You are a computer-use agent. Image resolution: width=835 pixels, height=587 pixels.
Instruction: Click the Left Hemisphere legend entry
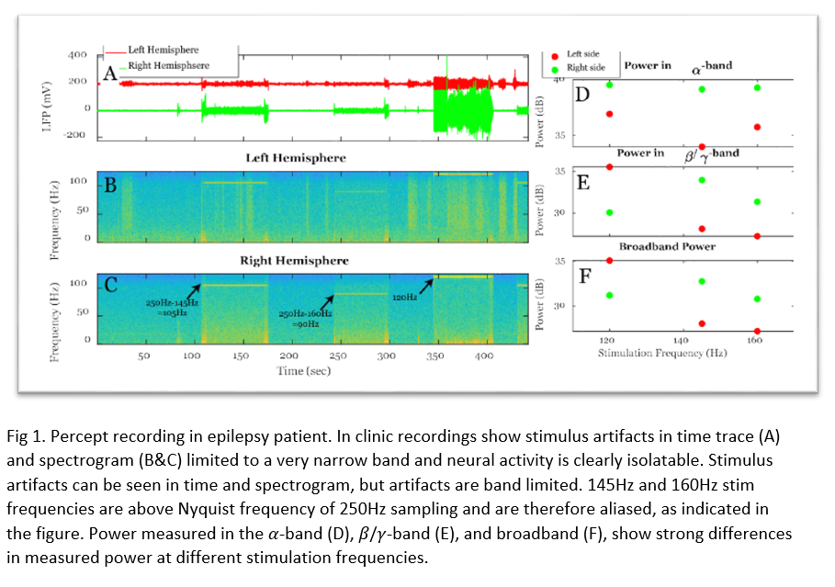(x=163, y=50)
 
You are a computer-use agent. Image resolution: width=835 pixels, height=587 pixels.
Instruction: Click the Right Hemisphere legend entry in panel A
(x=168, y=65)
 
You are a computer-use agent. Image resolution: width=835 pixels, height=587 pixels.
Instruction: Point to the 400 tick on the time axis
(x=484, y=356)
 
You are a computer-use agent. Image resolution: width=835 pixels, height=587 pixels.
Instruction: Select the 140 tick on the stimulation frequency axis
(x=681, y=339)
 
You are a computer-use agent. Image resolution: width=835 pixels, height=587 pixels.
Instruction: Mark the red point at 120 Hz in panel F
(x=610, y=261)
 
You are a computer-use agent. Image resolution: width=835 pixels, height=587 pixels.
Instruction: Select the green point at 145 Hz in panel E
(x=702, y=180)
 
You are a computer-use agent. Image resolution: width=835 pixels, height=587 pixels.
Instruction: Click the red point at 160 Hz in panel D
(x=757, y=127)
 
